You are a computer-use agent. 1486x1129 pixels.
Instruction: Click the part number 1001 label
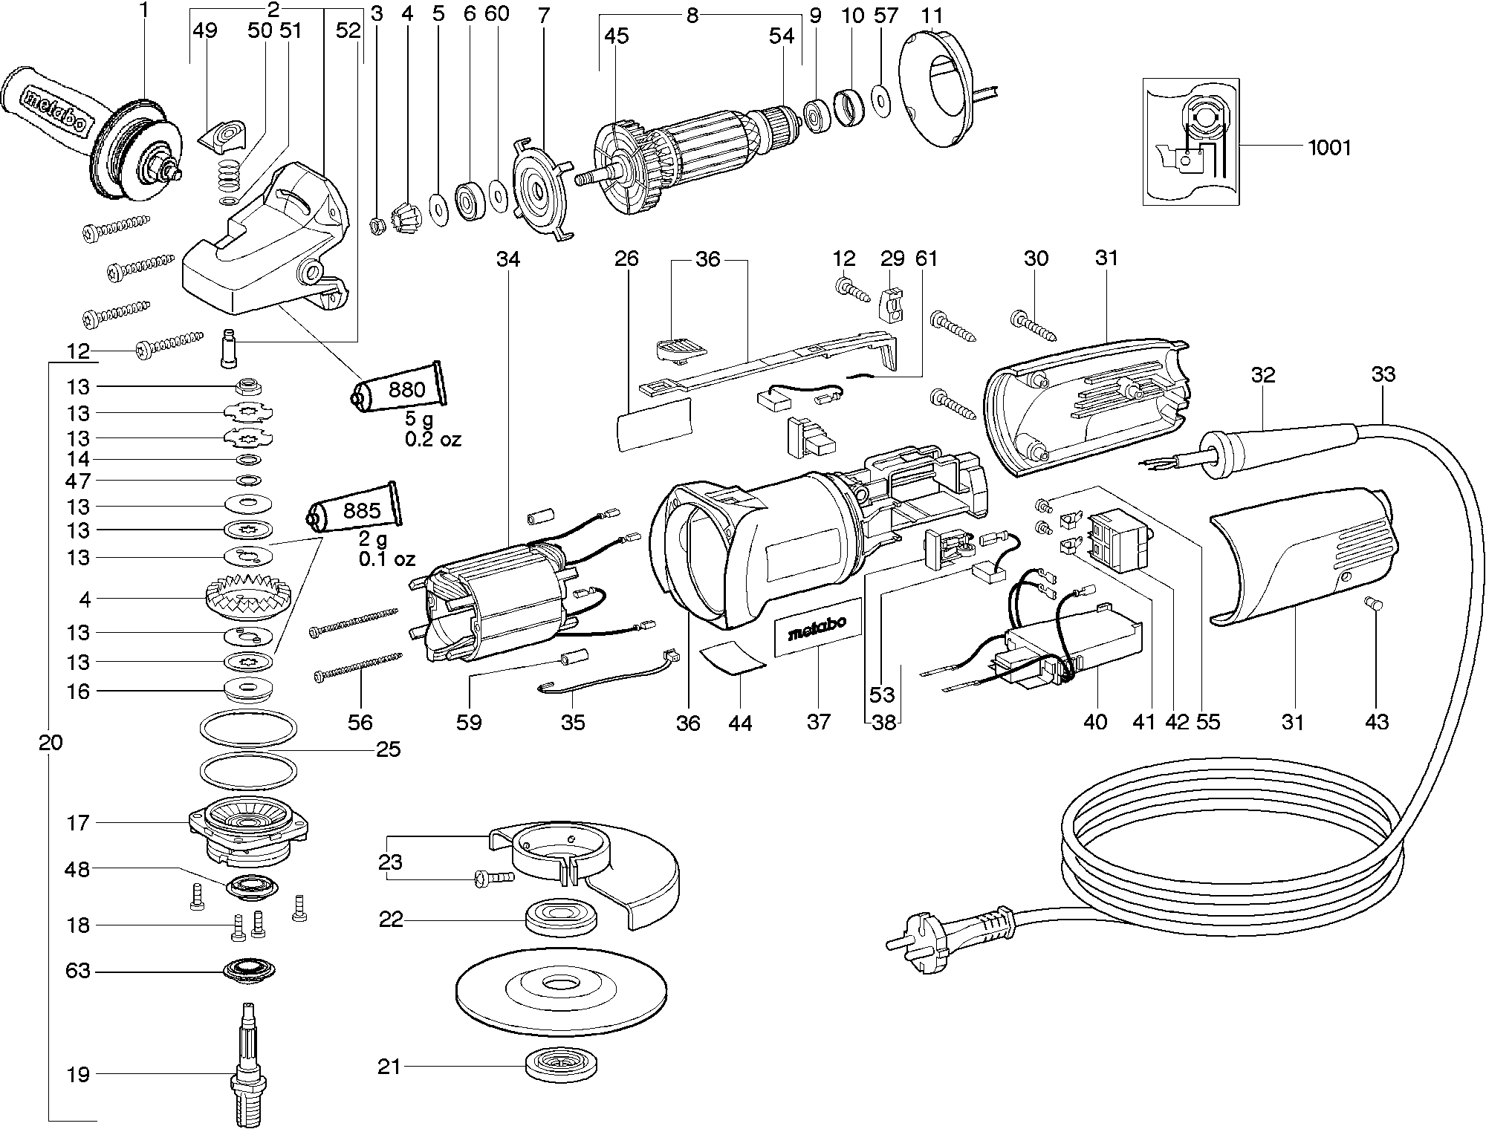[1328, 148]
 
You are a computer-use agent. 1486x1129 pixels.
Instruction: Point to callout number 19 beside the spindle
[78, 1074]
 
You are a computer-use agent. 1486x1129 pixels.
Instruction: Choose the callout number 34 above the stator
[508, 258]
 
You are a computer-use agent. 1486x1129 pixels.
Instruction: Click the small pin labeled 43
[1375, 606]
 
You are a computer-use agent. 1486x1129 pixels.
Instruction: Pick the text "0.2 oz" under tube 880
[432, 440]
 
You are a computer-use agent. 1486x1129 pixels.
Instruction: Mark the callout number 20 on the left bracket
[51, 743]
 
